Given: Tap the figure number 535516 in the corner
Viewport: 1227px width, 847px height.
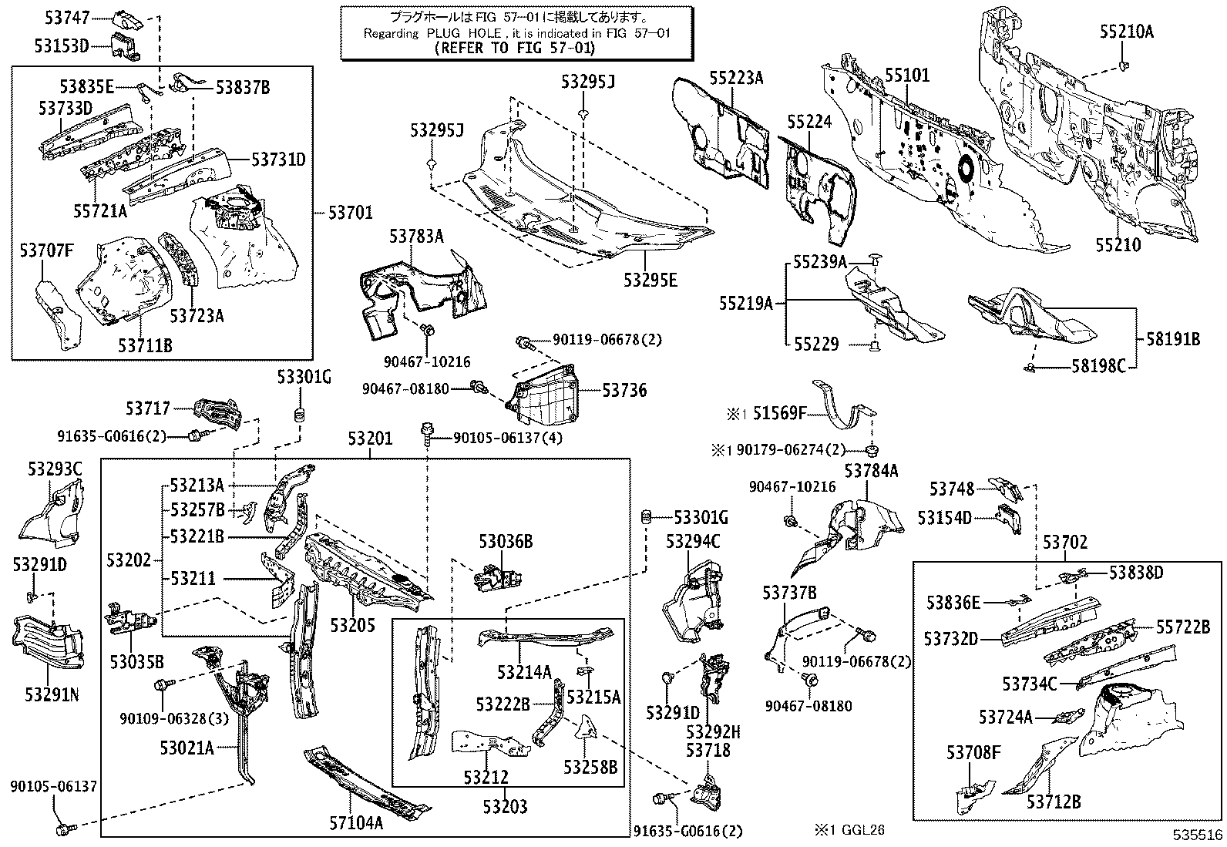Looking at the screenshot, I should [x=1198, y=835].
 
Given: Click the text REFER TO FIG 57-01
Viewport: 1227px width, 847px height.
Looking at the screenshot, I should [x=516, y=48].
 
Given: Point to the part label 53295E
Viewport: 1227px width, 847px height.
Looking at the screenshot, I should [x=650, y=281].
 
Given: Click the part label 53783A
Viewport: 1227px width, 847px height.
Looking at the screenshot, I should [x=416, y=236].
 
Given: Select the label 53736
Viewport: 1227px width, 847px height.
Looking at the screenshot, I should [x=624, y=391].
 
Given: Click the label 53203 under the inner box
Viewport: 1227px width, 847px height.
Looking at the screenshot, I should [x=506, y=807].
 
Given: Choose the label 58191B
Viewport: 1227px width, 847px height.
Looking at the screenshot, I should [x=1172, y=339].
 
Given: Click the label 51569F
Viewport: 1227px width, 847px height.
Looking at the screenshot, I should [x=779, y=415].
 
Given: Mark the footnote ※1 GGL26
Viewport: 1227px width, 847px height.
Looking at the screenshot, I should [x=850, y=830].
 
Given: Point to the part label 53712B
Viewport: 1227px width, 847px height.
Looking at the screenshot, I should [x=1054, y=802].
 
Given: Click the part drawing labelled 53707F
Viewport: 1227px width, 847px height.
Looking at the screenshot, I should [x=59, y=312].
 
